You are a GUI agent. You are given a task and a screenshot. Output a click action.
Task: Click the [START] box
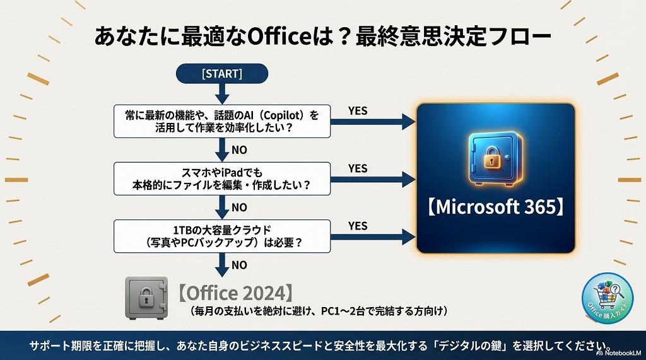tap(221, 73)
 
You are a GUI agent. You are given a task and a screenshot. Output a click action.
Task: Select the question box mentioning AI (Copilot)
tap(221, 121)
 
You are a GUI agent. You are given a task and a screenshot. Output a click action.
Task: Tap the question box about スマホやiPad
tap(221, 178)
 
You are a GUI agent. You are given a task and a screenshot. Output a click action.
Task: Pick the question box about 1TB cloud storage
tap(221, 236)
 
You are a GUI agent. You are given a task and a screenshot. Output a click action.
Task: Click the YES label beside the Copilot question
tap(358, 111)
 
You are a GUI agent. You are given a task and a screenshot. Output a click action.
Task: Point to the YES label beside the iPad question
tap(358, 169)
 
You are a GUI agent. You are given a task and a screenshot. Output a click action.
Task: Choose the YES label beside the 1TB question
tap(358, 226)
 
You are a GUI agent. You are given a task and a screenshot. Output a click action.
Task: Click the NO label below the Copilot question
tap(239, 150)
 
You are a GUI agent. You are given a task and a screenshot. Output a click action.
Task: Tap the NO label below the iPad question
tap(239, 207)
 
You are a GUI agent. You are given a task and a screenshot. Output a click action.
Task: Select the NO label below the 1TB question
tap(239, 265)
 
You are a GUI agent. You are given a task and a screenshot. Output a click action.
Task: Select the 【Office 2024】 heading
tap(235, 293)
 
